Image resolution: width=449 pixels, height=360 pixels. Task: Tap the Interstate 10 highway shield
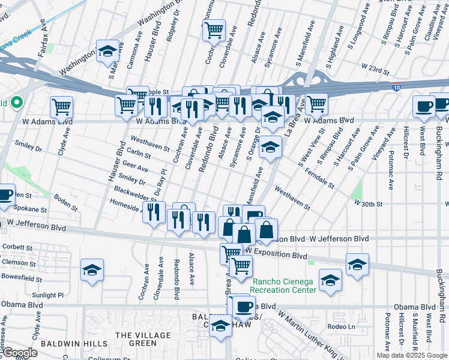coord(396,87)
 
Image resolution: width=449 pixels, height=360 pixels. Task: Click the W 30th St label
coord(368,204)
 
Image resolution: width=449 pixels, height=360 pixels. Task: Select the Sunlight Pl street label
coord(47,295)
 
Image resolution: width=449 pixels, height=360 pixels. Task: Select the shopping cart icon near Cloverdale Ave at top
coord(214,29)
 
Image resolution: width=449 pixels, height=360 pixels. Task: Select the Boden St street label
coord(65,198)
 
